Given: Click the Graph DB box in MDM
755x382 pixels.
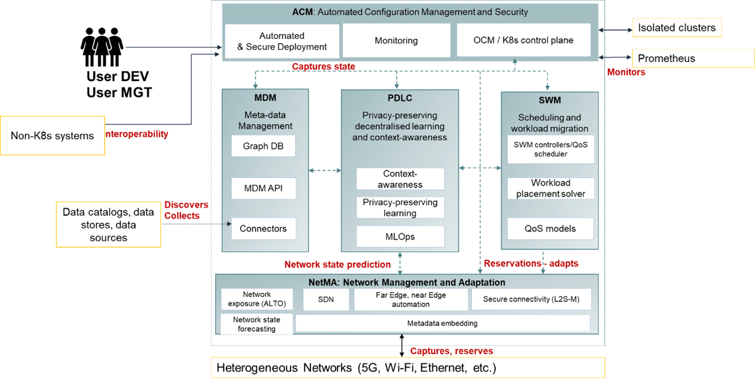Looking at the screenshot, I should point(263,146).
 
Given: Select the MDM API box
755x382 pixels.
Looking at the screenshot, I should point(263,189).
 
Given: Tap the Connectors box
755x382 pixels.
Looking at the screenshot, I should point(263,228).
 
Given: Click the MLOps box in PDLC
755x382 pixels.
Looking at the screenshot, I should point(400,237).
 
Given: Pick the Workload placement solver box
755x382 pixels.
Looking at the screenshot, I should point(550,188).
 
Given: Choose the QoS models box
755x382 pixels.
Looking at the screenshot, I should point(550,228).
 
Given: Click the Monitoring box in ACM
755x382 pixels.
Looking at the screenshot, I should point(396,40).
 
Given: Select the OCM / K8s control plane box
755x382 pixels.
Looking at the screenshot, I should point(524,40).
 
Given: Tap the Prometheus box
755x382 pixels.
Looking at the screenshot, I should point(693,58).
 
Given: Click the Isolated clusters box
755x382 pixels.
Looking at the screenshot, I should point(677,27).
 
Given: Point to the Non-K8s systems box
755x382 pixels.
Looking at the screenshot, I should point(52,135).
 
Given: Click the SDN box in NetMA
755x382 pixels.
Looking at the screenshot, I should point(326,300).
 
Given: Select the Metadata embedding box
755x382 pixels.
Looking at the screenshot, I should point(442,323).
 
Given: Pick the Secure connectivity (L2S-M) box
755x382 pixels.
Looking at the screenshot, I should point(530,300).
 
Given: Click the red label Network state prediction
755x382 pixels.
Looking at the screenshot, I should point(337,265).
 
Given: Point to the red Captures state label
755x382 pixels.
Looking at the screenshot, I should point(323,66).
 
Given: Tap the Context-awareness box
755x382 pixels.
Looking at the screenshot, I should point(400,179).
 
